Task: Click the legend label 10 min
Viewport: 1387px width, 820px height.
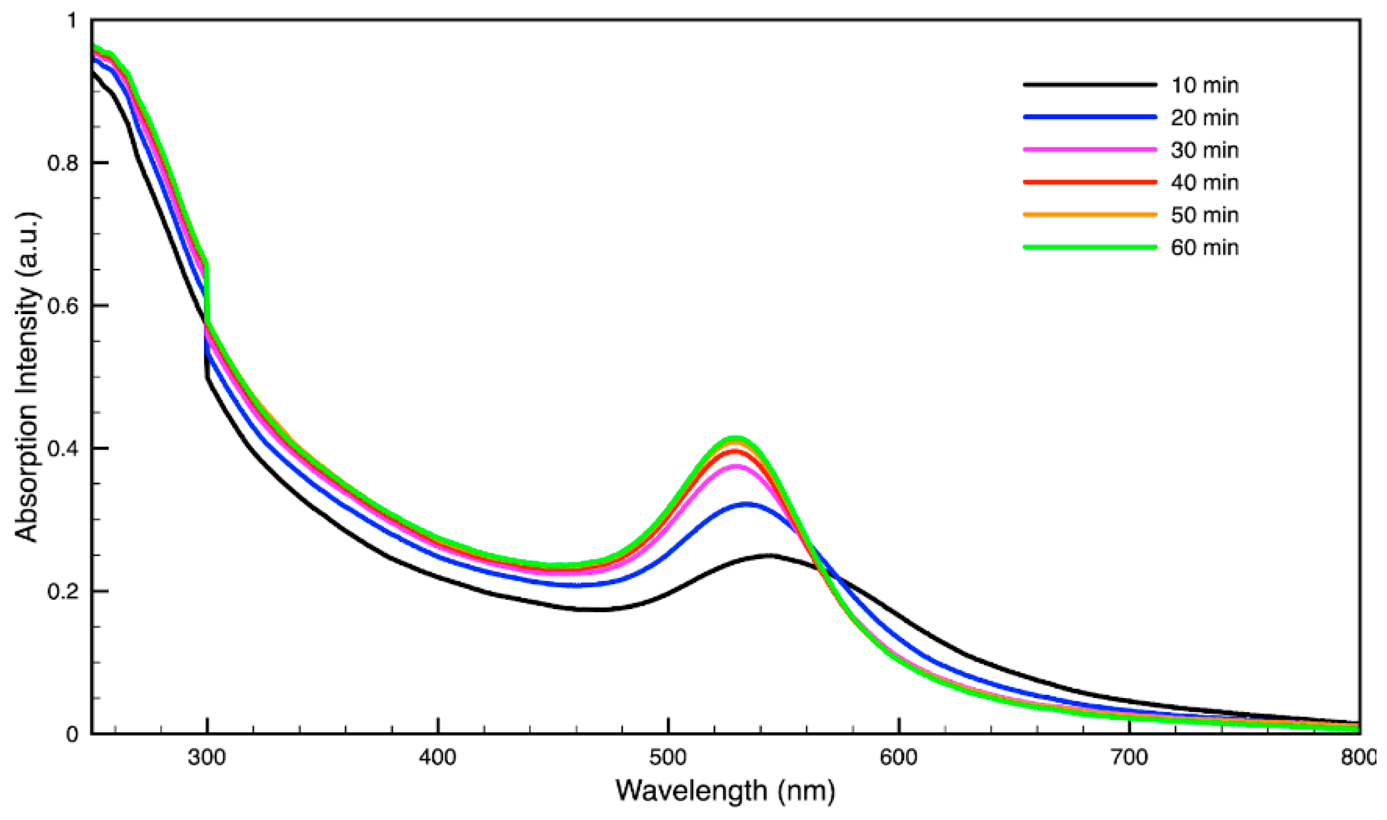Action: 1204,85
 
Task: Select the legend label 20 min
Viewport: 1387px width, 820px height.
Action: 1204,118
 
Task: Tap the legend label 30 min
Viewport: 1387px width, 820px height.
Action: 1204,150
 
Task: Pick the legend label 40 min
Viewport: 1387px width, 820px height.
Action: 1204,183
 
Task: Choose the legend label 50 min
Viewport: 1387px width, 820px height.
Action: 1204,215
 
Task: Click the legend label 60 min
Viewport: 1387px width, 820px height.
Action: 1204,248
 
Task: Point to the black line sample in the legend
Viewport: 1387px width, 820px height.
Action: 1090,85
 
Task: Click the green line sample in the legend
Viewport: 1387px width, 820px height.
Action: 1090,247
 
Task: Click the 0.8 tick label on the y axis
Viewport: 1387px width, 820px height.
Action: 62,163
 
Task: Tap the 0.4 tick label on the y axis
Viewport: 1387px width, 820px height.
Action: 62,449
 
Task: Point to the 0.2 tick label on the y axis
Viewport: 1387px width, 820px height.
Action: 62,592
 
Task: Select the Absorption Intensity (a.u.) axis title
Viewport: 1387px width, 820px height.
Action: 27,377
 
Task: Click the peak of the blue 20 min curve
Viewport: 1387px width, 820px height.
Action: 746,505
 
